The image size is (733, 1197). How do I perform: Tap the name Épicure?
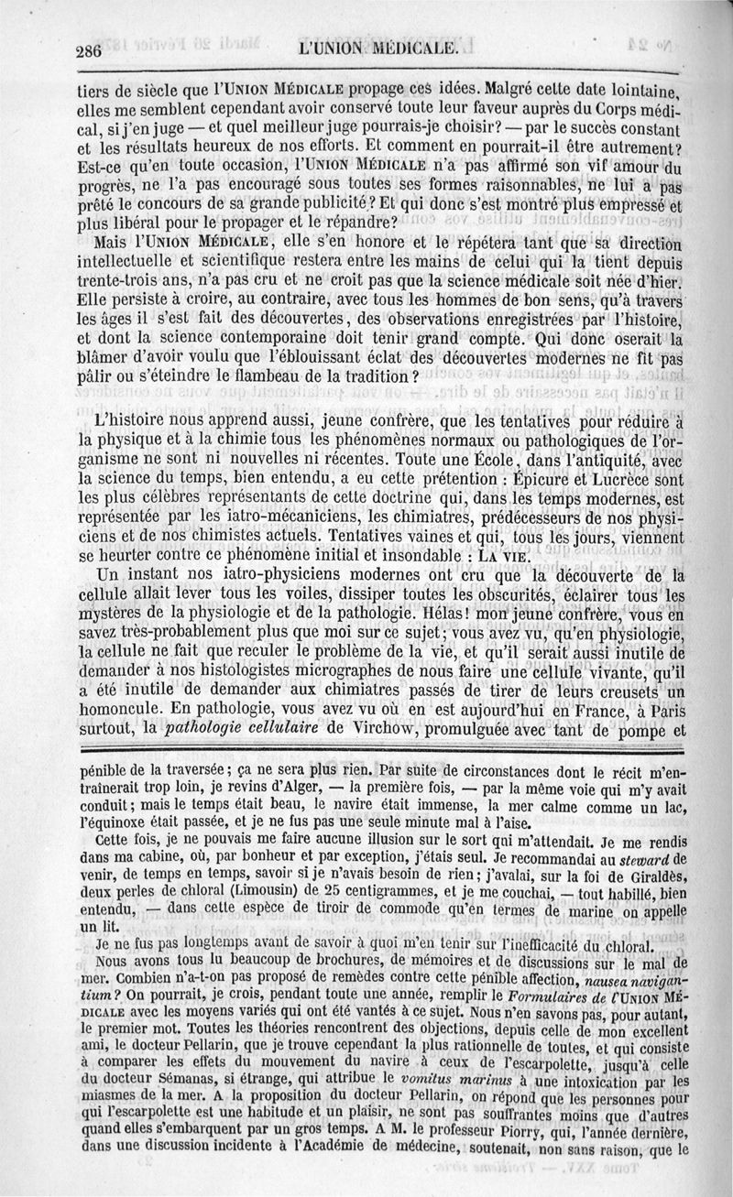tap(540, 478)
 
